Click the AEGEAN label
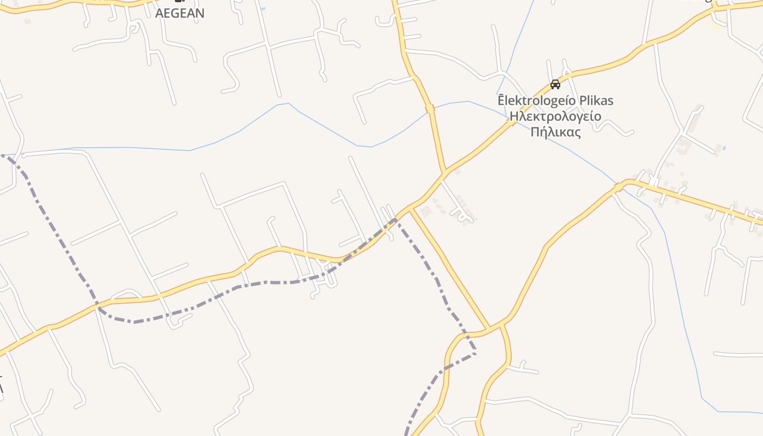click(x=180, y=13)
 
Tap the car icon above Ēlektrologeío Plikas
click(x=555, y=84)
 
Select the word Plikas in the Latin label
click(x=594, y=101)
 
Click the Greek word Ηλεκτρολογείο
click(x=555, y=116)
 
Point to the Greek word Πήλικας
click(x=555, y=132)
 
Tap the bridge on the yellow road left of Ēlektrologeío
click(x=430, y=108)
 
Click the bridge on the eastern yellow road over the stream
click(x=618, y=187)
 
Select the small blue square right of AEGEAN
click(x=263, y=9)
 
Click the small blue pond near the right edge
click(x=723, y=148)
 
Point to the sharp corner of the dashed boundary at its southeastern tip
click(x=476, y=353)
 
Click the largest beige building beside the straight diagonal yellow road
click(x=426, y=210)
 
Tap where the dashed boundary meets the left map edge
click(x=1, y=156)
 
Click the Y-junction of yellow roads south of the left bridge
click(x=444, y=173)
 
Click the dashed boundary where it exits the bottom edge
click(x=407, y=434)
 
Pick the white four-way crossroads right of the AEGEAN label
click(x=268, y=46)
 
